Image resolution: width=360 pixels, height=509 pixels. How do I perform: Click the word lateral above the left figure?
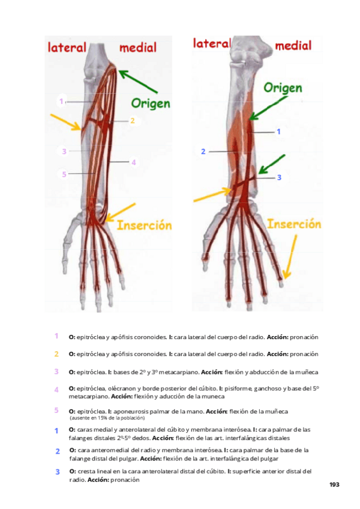pos(67,48)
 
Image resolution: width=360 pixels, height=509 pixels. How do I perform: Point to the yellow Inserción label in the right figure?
pos(293,224)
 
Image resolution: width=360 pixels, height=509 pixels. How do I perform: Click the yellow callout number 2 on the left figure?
pos(132,121)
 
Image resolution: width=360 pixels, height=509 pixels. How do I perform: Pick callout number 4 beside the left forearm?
pos(134,162)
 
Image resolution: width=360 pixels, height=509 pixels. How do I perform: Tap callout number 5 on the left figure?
pos(64,174)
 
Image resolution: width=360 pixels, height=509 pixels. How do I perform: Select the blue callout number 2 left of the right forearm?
pos(203,152)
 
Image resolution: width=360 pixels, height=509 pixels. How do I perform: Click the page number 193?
pos(334,484)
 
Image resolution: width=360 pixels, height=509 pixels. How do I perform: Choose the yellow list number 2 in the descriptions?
pos(56,354)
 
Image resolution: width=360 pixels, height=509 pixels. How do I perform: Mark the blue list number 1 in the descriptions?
pos(56,431)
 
